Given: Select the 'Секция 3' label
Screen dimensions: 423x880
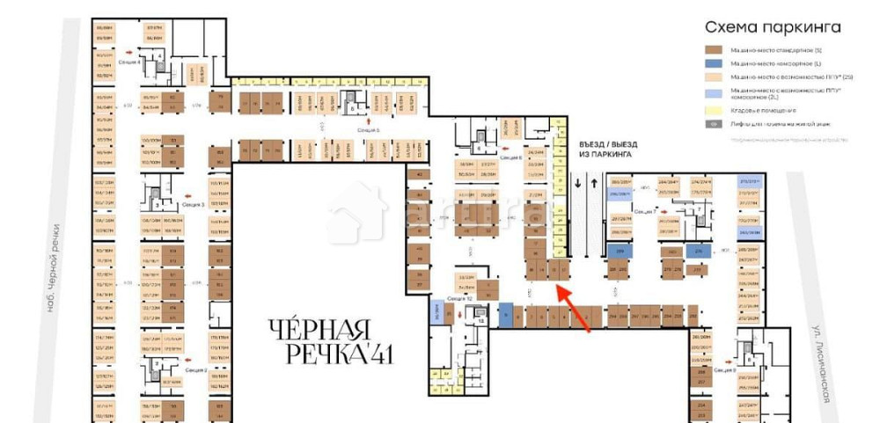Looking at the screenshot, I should (193, 204).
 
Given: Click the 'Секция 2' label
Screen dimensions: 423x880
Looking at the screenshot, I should (195, 370).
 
